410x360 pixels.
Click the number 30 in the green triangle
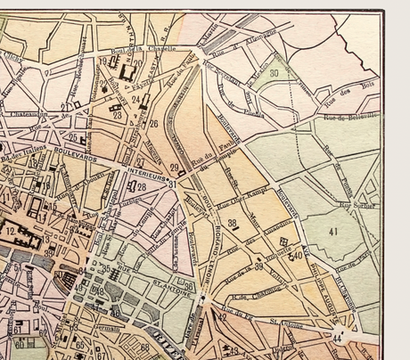tap(274, 72)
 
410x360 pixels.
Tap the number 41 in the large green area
tap(334, 231)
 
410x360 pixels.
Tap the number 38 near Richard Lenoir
tap(232, 223)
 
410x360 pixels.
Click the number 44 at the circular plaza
tap(337, 339)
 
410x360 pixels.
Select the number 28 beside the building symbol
tap(141, 187)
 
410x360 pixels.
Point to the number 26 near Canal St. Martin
tap(153, 124)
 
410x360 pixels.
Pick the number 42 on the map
tap(221, 315)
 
